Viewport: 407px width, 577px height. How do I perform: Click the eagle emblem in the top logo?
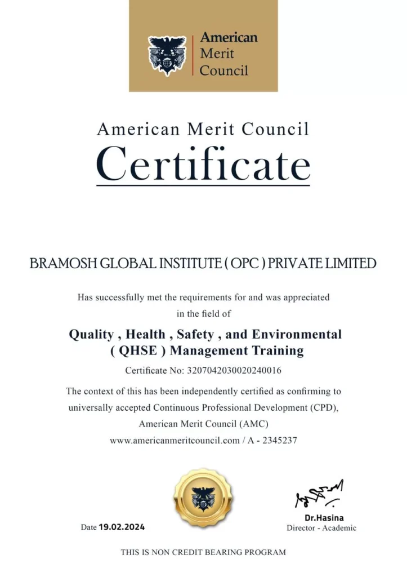pyautogui.click(x=167, y=55)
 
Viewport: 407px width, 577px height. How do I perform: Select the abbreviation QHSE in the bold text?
pyautogui.click(x=139, y=351)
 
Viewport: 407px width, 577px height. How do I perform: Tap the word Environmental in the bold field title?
pyautogui.click(x=297, y=334)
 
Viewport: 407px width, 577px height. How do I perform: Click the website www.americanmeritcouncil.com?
pyautogui.click(x=175, y=441)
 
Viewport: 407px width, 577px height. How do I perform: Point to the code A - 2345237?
pyautogui.click(x=272, y=441)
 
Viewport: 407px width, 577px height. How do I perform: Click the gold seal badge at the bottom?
pyautogui.click(x=203, y=498)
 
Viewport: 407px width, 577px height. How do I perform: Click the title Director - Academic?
pyautogui.click(x=321, y=528)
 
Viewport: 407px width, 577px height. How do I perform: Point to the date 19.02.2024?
pyautogui.click(x=122, y=527)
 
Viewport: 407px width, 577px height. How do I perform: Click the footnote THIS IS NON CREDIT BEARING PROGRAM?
pyautogui.click(x=203, y=553)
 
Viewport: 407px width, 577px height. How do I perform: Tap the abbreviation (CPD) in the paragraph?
pyautogui.click(x=325, y=406)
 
